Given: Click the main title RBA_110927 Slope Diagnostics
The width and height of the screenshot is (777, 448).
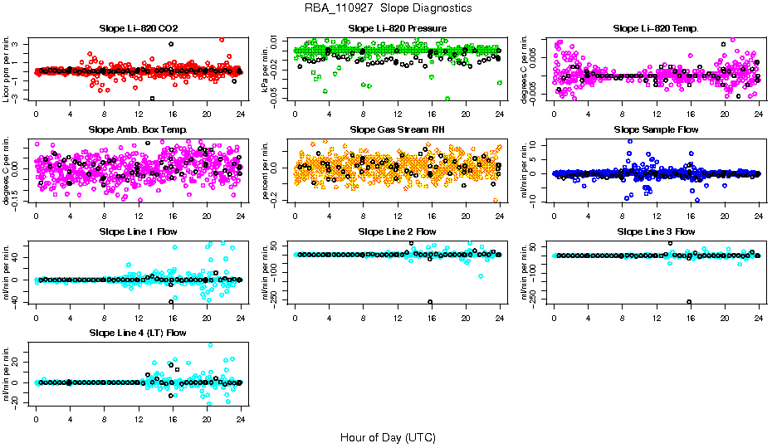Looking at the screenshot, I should [x=388, y=7].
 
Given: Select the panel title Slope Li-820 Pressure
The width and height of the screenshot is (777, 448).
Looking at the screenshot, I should [x=398, y=28].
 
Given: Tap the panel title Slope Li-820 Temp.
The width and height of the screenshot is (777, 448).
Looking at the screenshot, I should [x=656, y=28].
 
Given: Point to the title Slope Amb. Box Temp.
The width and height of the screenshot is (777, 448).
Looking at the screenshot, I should [x=138, y=129].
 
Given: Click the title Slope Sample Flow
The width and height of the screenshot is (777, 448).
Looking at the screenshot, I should [x=656, y=129].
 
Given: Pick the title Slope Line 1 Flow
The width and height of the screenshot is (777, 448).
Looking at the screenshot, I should [x=138, y=231].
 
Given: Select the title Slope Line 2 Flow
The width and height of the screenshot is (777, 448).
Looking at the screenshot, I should [x=398, y=231].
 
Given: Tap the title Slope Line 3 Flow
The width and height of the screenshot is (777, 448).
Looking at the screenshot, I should [x=656, y=231].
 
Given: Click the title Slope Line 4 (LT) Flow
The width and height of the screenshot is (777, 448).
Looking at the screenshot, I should [x=138, y=333].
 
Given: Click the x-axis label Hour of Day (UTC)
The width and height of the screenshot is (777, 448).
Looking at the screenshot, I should [x=388, y=436].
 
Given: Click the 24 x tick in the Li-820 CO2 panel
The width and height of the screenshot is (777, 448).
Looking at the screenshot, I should [x=240, y=112].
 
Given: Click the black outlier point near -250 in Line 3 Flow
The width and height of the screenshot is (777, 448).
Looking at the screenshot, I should [x=689, y=302].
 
